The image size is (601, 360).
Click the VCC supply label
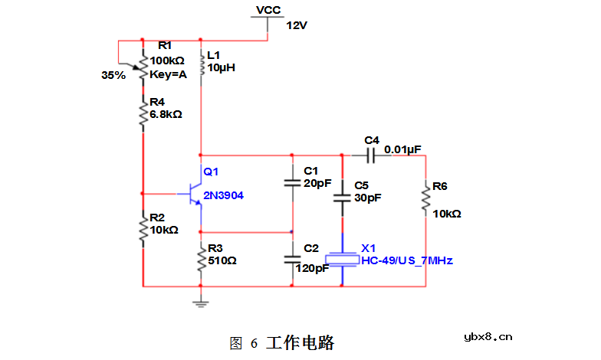click(x=268, y=10)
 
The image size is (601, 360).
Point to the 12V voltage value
click(x=297, y=25)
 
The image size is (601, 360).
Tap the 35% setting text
click(x=113, y=76)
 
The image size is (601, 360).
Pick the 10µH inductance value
click(x=221, y=67)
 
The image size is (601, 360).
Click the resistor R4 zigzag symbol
click(x=143, y=114)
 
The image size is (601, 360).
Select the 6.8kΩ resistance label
click(x=166, y=114)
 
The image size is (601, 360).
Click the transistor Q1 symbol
click(x=196, y=195)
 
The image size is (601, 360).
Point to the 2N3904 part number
click(x=223, y=196)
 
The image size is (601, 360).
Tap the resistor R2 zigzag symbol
click(x=143, y=229)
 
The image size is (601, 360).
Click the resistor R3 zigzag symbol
click(x=201, y=259)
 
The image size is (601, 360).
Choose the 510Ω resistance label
click(x=222, y=260)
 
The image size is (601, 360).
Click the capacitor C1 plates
click(x=292, y=183)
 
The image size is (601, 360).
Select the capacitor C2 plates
click(x=292, y=259)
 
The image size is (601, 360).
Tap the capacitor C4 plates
click(x=371, y=155)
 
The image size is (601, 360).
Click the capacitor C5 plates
click(x=342, y=198)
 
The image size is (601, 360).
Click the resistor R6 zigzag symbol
click(x=426, y=200)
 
